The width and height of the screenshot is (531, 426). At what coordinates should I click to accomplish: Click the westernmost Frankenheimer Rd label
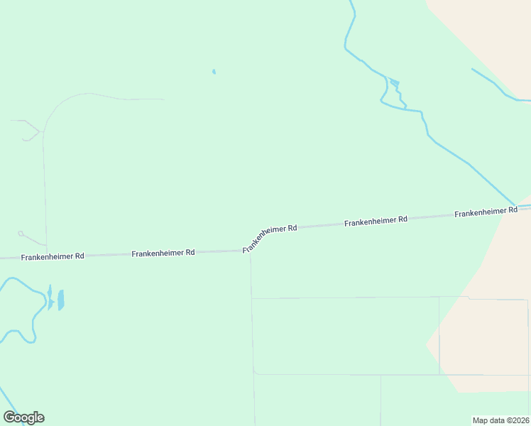[x=53, y=256]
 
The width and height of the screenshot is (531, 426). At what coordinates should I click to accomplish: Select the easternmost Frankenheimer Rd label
[x=486, y=212]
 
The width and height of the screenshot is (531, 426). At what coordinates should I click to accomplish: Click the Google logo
[x=24, y=417]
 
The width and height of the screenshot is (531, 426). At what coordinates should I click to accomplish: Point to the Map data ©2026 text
[x=500, y=420]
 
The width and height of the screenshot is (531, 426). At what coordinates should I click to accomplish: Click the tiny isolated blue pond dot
[x=214, y=72]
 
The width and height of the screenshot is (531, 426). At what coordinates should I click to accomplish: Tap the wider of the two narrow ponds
[x=61, y=300]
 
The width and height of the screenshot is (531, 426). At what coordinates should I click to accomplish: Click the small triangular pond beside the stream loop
[x=395, y=84]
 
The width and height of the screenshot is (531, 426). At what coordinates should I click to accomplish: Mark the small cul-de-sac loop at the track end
[x=21, y=233]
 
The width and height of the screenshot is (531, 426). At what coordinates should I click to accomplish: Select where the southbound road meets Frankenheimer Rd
[x=250, y=251]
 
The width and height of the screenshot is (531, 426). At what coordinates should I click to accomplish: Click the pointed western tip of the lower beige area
[x=427, y=345]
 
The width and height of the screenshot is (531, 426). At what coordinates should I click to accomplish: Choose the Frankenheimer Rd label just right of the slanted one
[x=376, y=222]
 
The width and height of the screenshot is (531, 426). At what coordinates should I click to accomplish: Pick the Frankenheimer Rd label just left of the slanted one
[x=163, y=253]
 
